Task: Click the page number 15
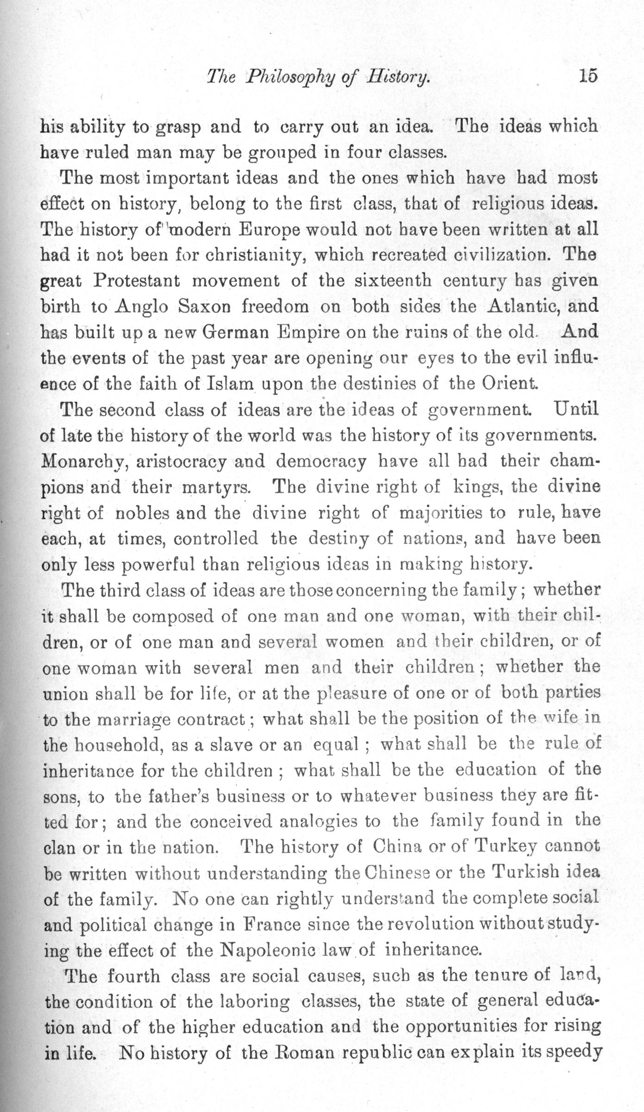(587, 76)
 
